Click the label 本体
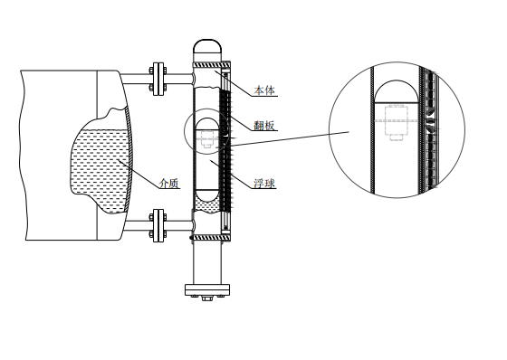[264, 90]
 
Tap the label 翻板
[264, 126]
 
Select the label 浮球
[264, 184]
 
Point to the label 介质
[169, 184]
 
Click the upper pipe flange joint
[158, 79]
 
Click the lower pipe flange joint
[158, 225]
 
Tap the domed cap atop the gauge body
[207, 46]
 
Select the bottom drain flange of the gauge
[207, 289]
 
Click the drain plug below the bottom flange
[207, 298]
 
